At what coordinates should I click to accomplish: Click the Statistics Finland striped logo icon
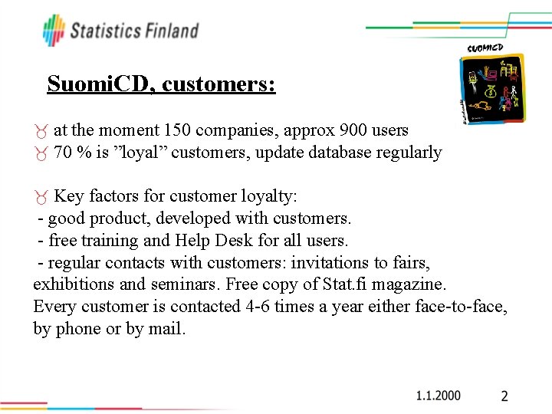tap(54, 30)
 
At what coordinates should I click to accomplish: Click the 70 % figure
tap(71, 153)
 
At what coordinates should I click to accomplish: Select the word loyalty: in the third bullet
tap(271, 196)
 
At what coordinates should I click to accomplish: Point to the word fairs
tap(412, 262)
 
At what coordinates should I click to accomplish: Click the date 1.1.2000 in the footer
tap(439, 396)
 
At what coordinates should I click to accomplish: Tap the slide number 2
tap(504, 396)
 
